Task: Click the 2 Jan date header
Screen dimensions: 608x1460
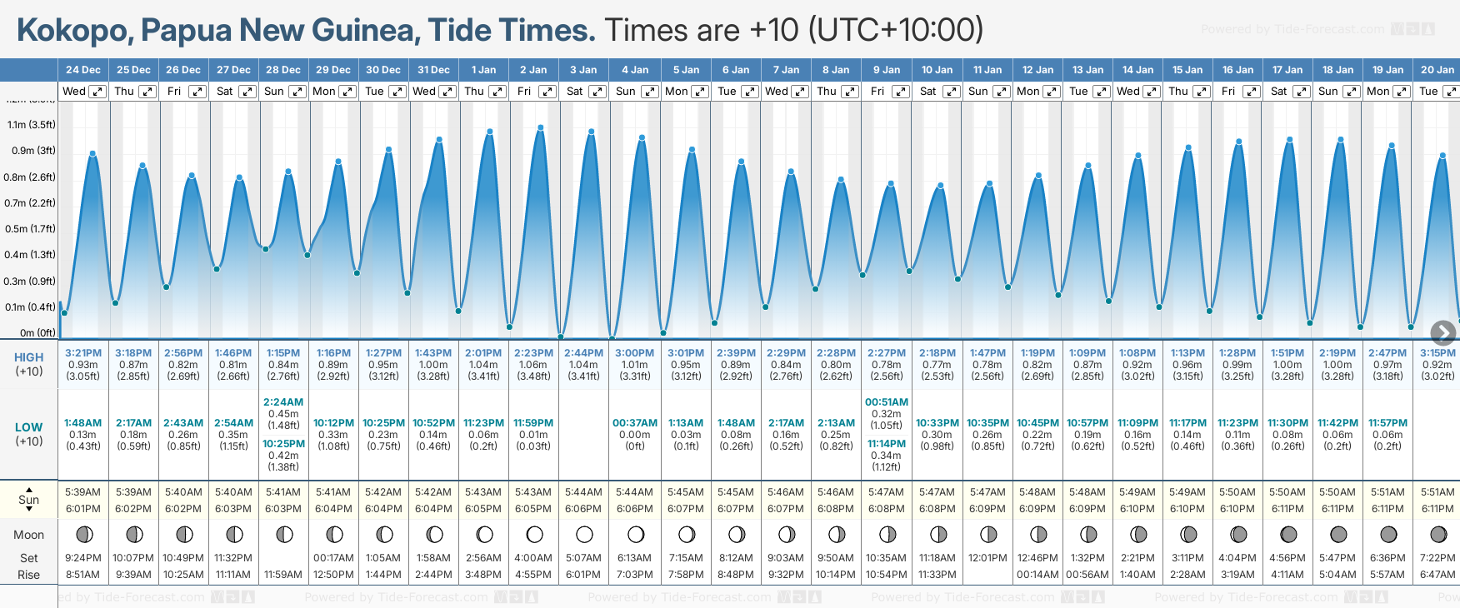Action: coord(533,70)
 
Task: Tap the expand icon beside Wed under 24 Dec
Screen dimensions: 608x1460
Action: coord(97,92)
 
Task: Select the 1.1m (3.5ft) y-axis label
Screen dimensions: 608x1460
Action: coord(32,125)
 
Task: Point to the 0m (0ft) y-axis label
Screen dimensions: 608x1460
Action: coord(37,333)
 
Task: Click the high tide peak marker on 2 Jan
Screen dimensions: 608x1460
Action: coord(541,127)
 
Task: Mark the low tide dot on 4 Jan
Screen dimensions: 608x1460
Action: coord(612,338)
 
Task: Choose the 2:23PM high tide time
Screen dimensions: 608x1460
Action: coord(533,353)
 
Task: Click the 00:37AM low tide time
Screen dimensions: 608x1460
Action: coord(635,423)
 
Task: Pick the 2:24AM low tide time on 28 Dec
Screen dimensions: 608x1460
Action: coord(283,402)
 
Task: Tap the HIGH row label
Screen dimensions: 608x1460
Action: coord(29,357)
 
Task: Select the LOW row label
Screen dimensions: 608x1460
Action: coord(29,427)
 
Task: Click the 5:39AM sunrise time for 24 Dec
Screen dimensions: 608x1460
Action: coord(83,492)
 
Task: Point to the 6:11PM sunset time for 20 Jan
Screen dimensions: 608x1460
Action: coord(1437,509)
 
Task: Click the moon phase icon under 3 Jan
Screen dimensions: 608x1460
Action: coord(584,534)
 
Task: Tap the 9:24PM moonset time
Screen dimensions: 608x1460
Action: coord(83,558)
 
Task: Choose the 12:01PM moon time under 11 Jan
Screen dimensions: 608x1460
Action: coord(987,558)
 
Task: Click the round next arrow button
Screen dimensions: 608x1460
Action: coord(1442,333)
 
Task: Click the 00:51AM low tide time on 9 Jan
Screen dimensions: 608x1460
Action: coord(887,402)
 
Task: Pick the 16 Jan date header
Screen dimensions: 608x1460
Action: coord(1237,70)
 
